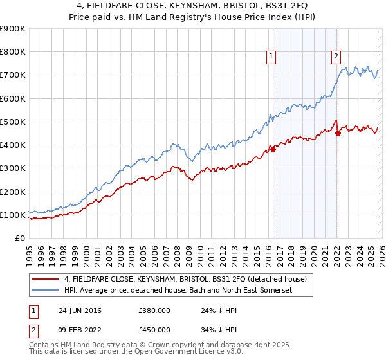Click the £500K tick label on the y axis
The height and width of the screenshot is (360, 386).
[13, 122]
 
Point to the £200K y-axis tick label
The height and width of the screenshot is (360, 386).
[13, 192]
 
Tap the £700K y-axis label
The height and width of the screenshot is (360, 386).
[13, 75]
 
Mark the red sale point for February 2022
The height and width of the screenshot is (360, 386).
[337, 134]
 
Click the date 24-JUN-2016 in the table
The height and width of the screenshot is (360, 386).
[80, 310]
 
